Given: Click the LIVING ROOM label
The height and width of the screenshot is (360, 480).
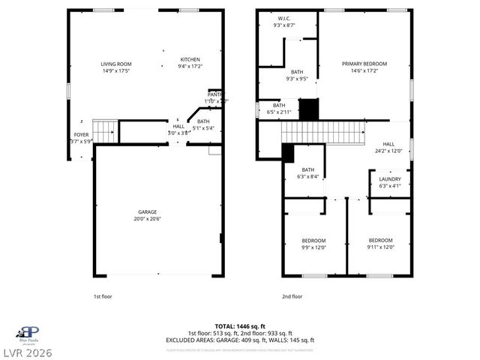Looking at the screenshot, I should [116, 64].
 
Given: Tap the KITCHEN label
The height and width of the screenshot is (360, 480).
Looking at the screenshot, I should [190, 59].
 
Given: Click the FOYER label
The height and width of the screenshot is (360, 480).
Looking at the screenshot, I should [80, 135].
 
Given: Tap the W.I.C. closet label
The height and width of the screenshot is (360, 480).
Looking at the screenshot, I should [284, 18].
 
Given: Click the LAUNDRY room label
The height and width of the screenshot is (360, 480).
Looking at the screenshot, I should [390, 178].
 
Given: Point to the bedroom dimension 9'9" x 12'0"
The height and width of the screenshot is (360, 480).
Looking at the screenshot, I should [313, 247].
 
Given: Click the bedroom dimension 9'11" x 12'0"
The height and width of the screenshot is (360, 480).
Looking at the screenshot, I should [380, 247].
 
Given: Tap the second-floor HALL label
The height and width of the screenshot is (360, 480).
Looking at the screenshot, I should [388, 144].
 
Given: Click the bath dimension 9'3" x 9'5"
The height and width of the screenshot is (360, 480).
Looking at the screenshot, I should [297, 79].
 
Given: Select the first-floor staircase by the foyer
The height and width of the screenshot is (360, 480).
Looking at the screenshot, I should [104, 130].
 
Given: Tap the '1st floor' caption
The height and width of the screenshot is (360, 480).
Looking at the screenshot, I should [103, 296].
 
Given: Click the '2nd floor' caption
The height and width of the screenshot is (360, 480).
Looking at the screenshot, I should [292, 296].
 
